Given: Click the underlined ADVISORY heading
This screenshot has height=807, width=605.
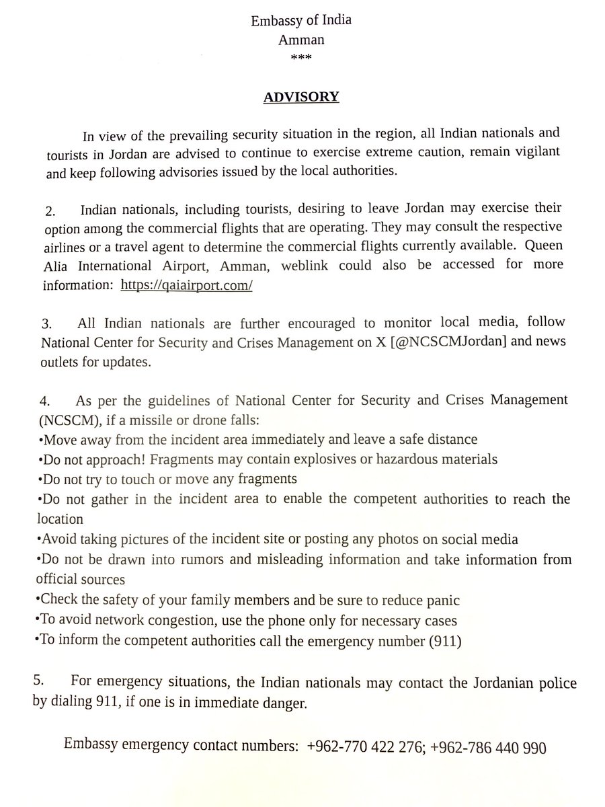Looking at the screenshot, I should pyautogui.click(x=301, y=97).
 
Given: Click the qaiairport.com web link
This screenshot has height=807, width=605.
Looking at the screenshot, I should pyautogui.click(x=187, y=285).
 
